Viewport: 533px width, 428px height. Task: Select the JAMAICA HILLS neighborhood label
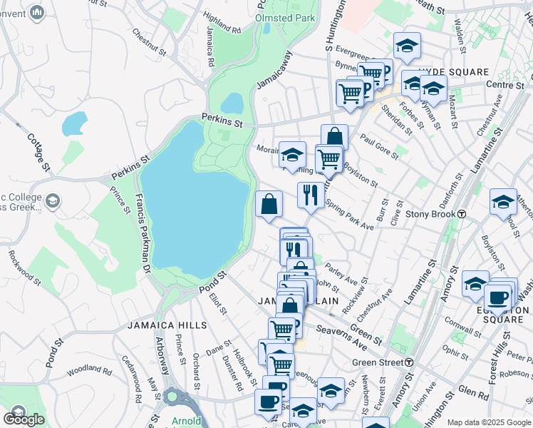pyautogui.click(x=167, y=325)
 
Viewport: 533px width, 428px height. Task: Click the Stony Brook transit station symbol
pyautogui.click(x=462, y=214)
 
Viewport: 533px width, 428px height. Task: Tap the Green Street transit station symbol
pyautogui.click(x=409, y=362)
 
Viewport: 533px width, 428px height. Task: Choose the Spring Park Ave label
pyautogui.click(x=349, y=214)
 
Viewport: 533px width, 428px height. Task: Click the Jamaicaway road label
pyautogui.click(x=274, y=68)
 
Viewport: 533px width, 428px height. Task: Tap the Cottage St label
pyautogui.click(x=39, y=152)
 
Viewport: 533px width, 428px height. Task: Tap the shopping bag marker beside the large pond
pyautogui.click(x=269, y=204)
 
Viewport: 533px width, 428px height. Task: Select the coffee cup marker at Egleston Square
pyautogui.click(x=497, y=297)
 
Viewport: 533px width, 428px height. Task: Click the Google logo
pyautogui.click(x=24, y=419)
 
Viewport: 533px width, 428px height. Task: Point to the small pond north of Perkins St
pyautogui.click(x=74, y=123)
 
